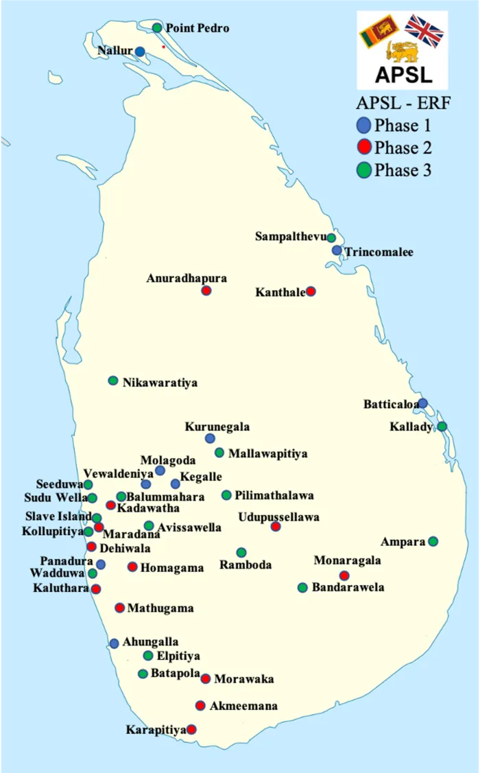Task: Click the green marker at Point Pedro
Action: point(157,28)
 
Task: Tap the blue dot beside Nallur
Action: point(140,51)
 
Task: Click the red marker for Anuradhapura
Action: point(206,291)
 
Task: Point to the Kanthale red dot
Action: point(311,292)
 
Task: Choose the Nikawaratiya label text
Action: point(160,383)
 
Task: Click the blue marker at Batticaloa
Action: point(423,403)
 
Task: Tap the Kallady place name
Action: point(411,427)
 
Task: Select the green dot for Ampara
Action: point(433,541)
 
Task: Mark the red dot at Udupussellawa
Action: point(276,527)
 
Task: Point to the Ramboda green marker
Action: point(241,552)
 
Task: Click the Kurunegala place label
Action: point(217,427)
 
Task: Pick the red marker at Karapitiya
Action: point(192,729)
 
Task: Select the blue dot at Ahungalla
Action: point(114,643)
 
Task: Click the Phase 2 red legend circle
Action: point(364,147)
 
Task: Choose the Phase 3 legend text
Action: point(403,170)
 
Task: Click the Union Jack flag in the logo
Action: point(424,31)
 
